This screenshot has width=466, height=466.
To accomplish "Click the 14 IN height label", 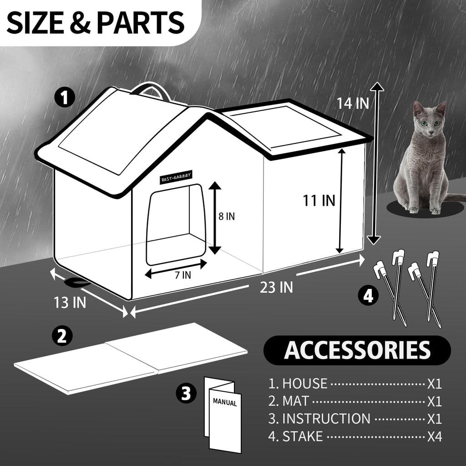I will (x=353, y=103).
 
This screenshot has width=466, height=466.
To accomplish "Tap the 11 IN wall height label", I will (x=319, y=200).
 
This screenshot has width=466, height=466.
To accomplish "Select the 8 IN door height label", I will (x=227, y=216).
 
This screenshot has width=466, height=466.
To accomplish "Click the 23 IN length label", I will (x=276, y=287).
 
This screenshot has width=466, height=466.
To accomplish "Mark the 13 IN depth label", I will (x=70, y=303).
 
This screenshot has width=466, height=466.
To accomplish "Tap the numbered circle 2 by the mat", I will (x=61, y=335).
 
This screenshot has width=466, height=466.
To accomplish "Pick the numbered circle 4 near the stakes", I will (x=368, y=295).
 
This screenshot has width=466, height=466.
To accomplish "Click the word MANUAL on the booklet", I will (x=225, y=403).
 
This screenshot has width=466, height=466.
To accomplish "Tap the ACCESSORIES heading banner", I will (x=357, y=350).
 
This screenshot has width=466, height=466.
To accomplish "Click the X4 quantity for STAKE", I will (x=434, y=436).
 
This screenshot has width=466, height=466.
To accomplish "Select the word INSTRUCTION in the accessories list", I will (x=326, y=419).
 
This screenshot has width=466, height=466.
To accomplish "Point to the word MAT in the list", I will (x=295, y=401).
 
